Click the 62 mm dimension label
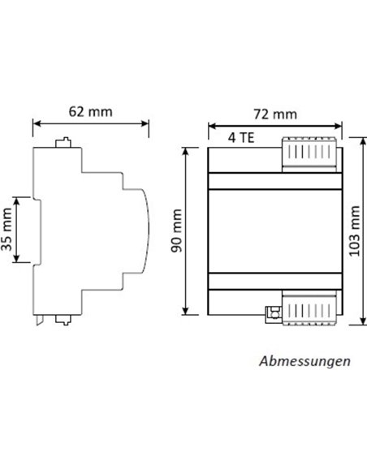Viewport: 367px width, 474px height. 91,110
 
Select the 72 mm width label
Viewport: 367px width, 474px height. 274,114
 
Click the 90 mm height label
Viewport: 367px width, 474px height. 176,231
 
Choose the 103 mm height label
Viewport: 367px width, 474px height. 354,231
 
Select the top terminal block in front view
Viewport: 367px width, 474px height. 308,153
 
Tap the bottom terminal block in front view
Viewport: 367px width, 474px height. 308,310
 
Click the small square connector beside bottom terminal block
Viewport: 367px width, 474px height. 274,312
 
